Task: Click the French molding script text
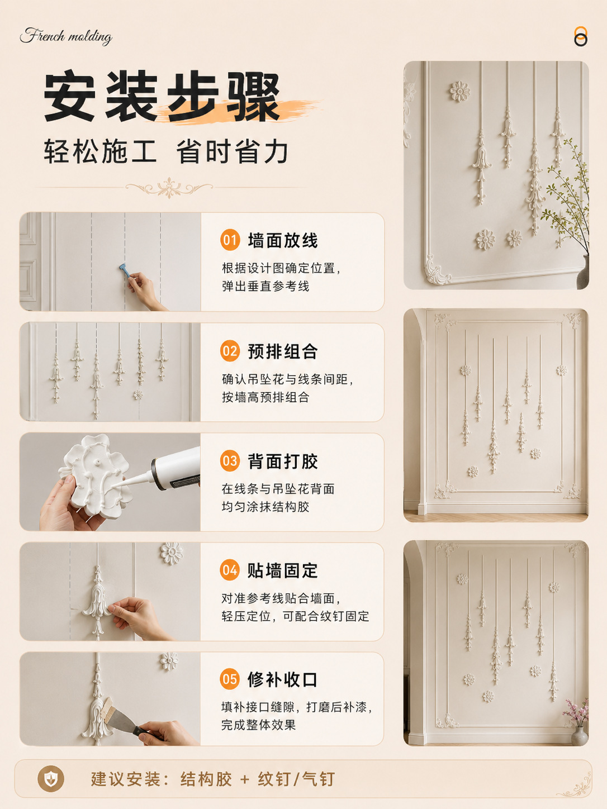(66, 36)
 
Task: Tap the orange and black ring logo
(581, 36)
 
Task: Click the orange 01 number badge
(230, 240)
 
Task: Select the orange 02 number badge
(230, 350)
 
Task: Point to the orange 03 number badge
(230, 461)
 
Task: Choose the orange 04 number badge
(230, 570)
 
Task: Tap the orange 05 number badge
(230, 679)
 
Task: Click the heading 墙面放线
(283, 240)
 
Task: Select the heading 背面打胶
(283, 461)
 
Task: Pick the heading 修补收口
(282, 679)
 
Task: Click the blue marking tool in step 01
(125, 270)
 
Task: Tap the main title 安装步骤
(162, 97)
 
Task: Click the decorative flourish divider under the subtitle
(169, 188)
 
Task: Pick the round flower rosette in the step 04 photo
(172, 553)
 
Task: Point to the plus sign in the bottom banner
(244, 779)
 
